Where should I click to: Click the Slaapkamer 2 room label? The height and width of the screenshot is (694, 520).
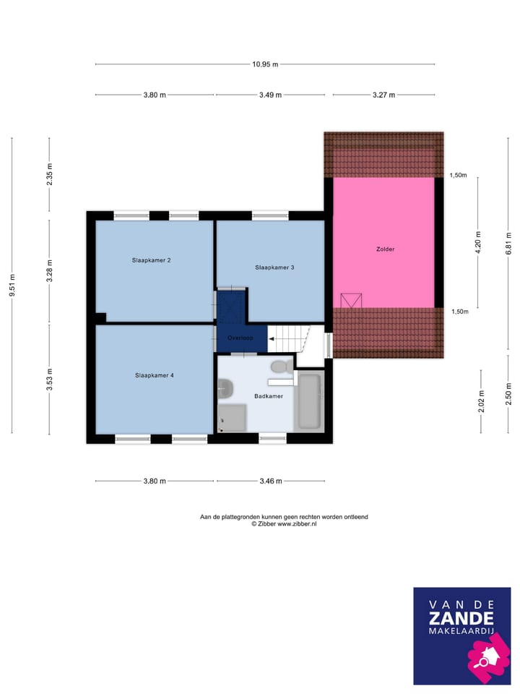(151, 260)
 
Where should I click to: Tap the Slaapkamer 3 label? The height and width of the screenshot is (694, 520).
(274, 267)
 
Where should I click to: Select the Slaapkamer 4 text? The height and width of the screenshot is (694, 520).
(154, 375)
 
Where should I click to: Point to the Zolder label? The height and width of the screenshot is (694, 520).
(385, 249)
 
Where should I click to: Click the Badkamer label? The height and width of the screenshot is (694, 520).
(268, 396)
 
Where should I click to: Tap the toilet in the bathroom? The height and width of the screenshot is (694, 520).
(284, 367)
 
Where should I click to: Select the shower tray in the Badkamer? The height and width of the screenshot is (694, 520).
(232, 417)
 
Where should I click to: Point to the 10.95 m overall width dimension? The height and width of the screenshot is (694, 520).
(265, 64)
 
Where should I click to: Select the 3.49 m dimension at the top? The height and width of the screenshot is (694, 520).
(269, 95)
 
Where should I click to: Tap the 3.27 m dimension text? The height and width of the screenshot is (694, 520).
(383, 95)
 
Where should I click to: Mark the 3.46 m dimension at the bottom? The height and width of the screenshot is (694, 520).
(269, 481)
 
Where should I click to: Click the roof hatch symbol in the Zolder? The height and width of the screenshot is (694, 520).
(351, 300)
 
